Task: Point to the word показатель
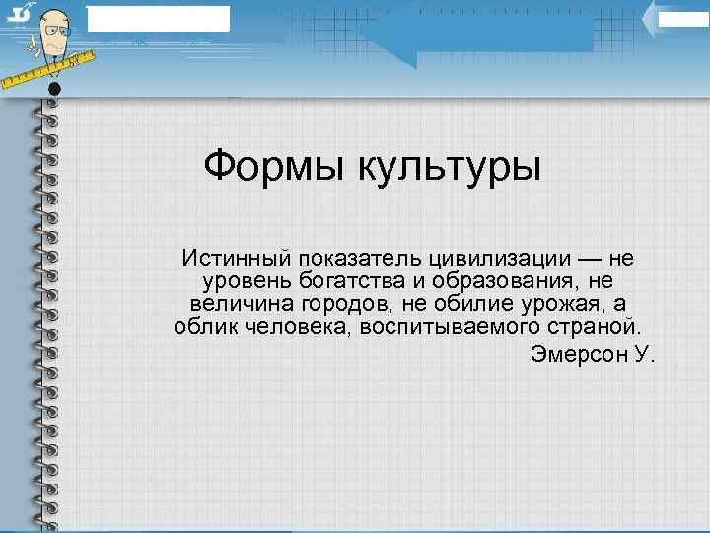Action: [x=362, y=259]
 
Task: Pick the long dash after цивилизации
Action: [x=591, y=259]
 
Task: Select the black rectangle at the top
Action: [x=158, y=18]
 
